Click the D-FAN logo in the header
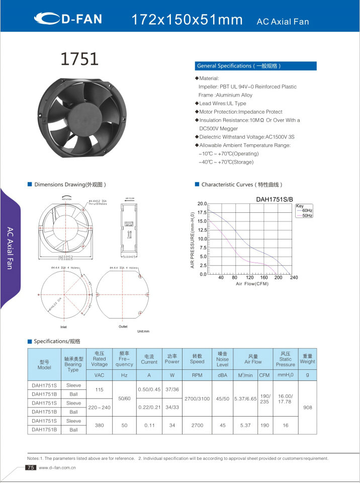click(x=68, y=19)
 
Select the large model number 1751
click(x=79, y=59)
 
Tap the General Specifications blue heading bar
click(x=255, y=66)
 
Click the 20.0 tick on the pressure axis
click(x=202, y=204)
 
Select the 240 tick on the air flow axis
click(x=294, y=278)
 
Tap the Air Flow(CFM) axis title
click(x=252, y=284)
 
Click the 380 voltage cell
click(x=99, y=425)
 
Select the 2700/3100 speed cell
click(x=197, y=398)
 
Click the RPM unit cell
click(x=197, y=375)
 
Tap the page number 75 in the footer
click(x=30, y=467)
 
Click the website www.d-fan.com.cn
click(x=57, y=468)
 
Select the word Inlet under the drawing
click(x=64, y=327)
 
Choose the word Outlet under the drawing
click(x=123, y=327)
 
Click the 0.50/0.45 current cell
click(x=149, y=389)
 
